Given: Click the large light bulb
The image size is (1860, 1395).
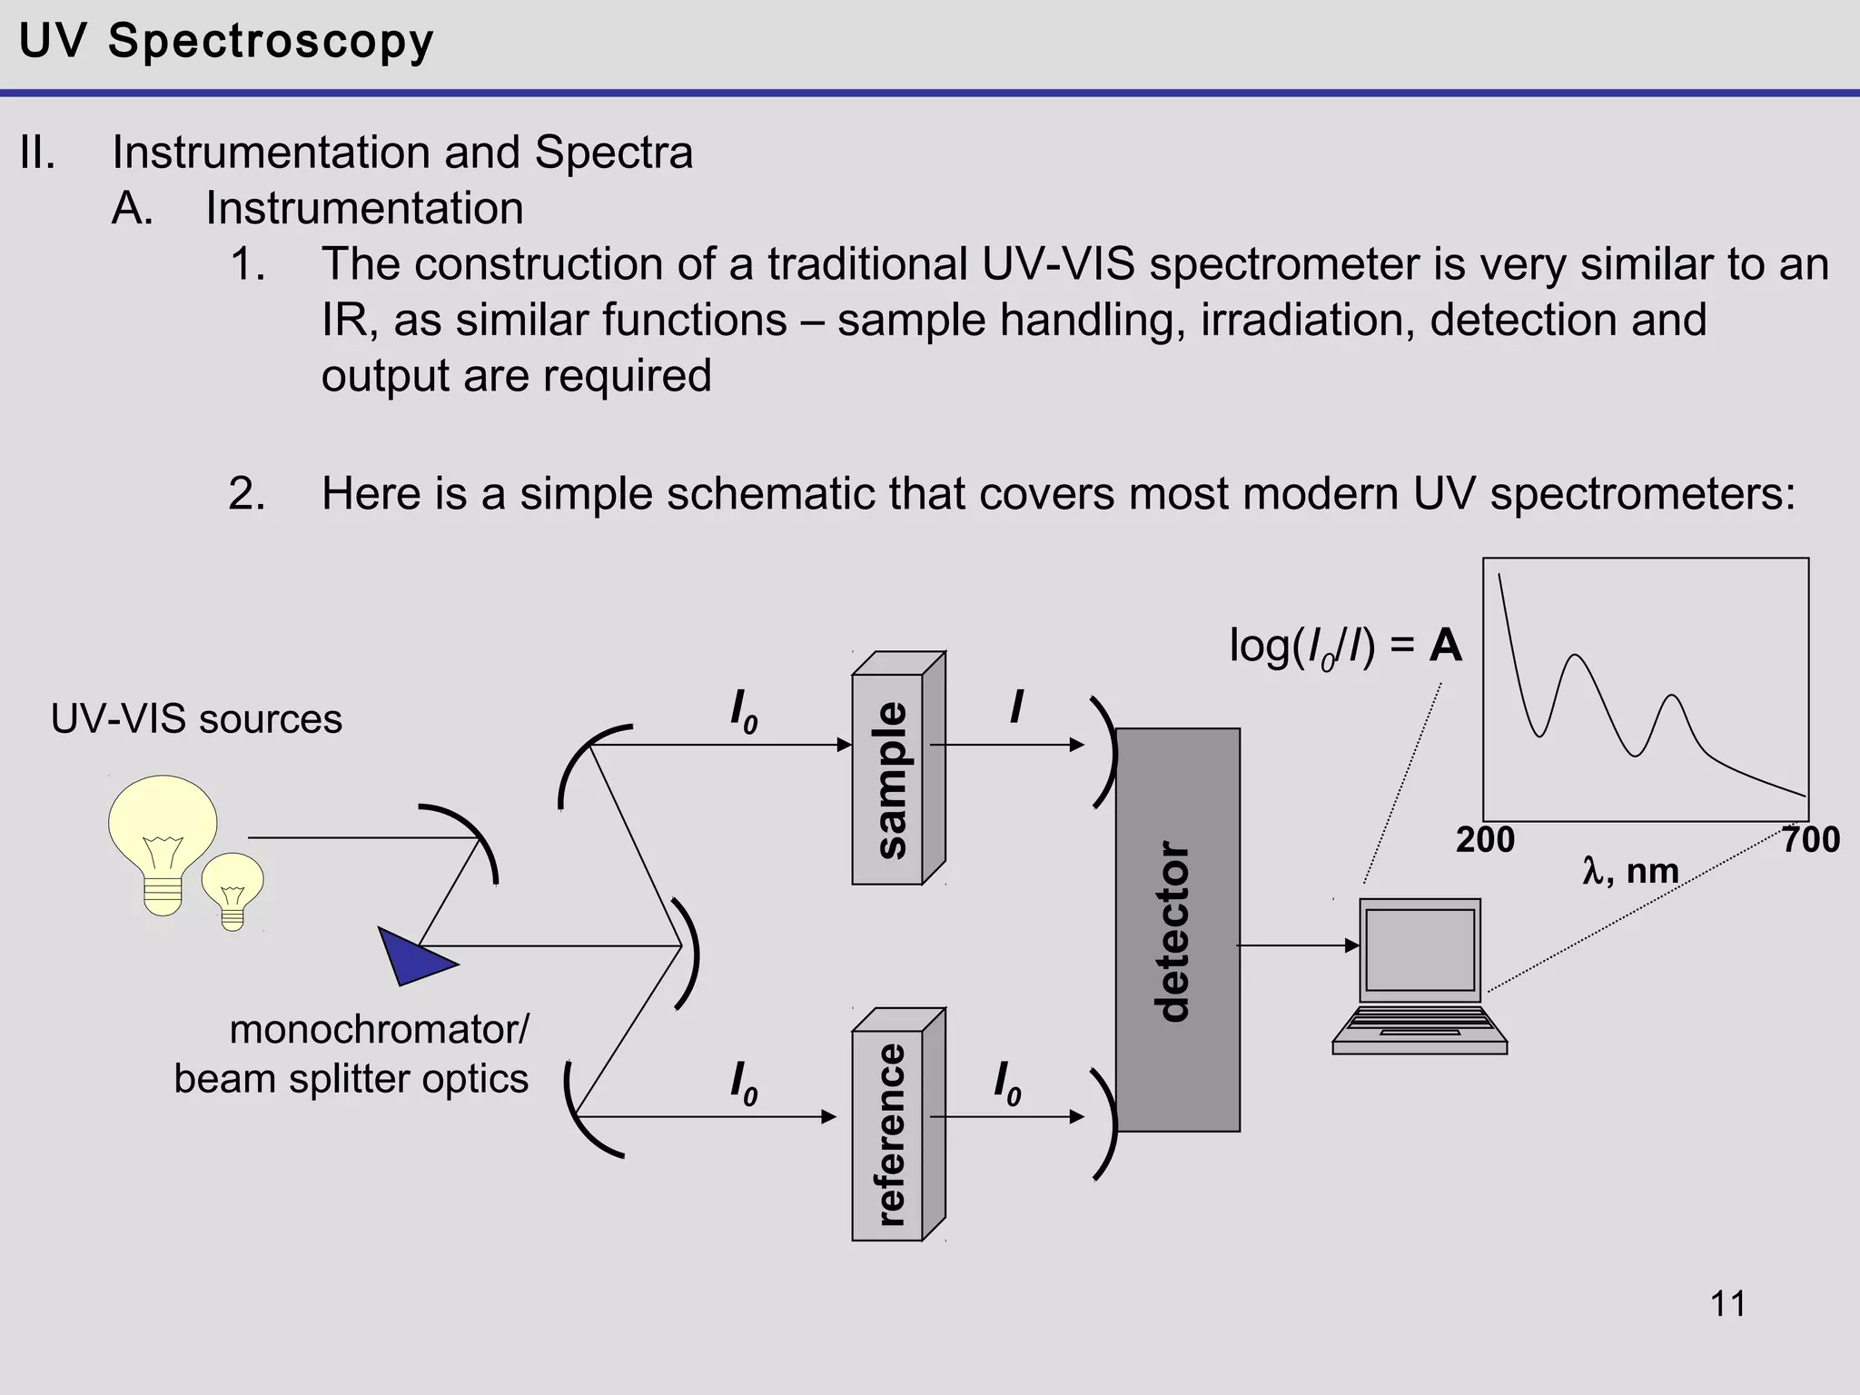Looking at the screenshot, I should (x=163, y=836).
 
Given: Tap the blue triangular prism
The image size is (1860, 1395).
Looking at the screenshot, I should (x=409, y=956).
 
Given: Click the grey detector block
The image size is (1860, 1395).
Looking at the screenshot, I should (x=1177, y=930).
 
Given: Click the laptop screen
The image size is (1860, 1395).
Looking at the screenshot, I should (x=1420, y=949).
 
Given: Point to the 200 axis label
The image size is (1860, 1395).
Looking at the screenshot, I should (x=1485, y=840).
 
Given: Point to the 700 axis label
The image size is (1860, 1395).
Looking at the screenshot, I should (x=1810, y=840).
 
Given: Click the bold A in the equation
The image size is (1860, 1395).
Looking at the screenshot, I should (x=1446, y=647).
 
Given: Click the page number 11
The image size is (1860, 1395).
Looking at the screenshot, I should (x=1727, y=1304).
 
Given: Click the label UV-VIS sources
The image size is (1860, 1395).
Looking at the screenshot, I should (x=196, y=719).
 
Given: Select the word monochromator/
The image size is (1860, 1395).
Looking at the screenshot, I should (x=379, y=1030).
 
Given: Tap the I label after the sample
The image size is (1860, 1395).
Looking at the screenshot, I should (x=1016, y=707).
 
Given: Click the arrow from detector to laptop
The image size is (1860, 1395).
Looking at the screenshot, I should (x=1299, y=945).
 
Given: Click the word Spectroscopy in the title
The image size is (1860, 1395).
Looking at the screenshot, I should (x=271, y=42).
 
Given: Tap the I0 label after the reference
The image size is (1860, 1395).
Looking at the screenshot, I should (x=1006, y=1083).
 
